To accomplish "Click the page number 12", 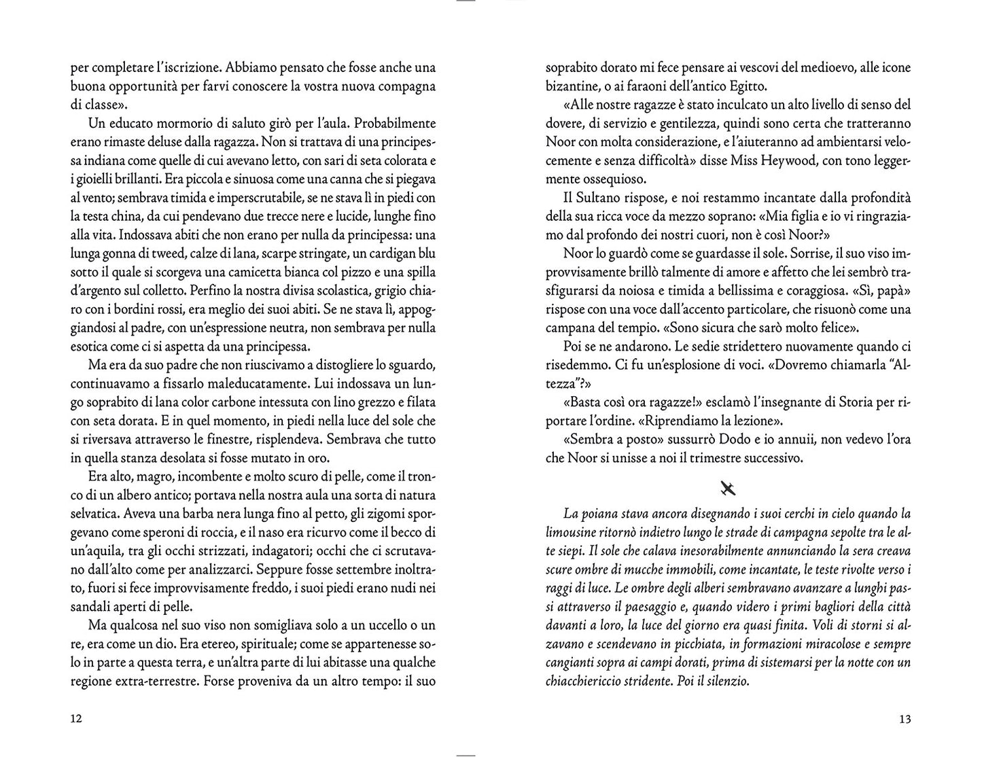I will click(x=76, y=719).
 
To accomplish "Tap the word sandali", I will click(x=91, y=606).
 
